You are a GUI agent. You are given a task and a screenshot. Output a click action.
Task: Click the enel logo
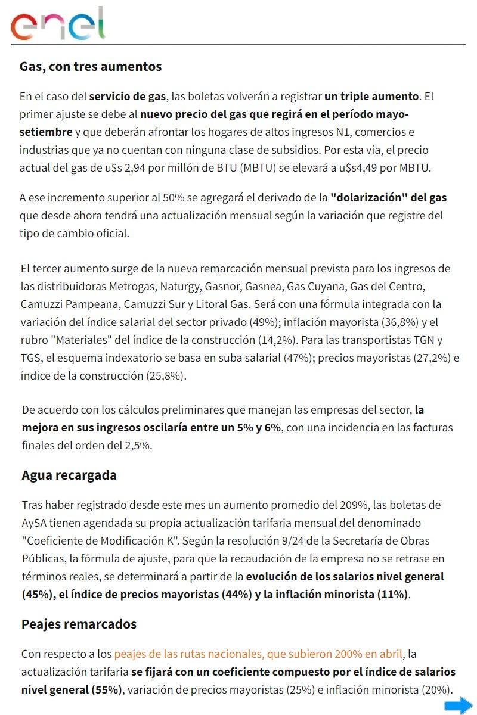(57, 24)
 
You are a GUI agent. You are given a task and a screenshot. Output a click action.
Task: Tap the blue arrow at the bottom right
(458, 706)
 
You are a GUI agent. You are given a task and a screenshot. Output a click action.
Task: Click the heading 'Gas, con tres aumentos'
(91, 66)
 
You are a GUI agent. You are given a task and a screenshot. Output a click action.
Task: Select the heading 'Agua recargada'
(69, 475)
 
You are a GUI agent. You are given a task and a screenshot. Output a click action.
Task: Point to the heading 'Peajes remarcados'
(79, 624)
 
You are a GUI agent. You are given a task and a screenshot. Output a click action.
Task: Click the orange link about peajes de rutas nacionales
(258, 654)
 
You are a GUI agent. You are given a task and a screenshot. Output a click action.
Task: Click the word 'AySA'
(36, 523)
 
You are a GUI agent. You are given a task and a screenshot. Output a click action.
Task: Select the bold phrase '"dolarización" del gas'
(389, 197)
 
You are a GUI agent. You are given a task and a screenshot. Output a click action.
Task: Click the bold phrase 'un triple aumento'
(371, 96)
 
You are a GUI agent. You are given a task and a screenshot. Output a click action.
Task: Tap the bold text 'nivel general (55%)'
(72, 689)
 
